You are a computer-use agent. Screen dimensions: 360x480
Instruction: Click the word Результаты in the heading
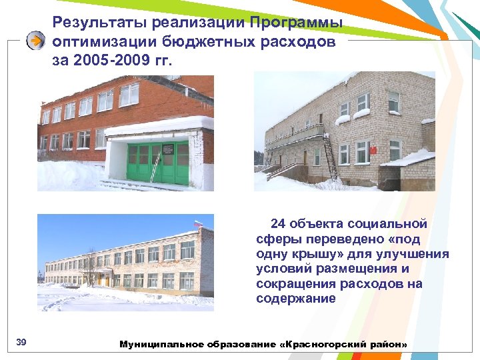(x=99, y=23)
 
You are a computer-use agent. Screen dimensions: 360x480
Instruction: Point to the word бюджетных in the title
(x=199, y=42)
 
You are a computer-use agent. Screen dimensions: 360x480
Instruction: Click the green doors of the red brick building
(x=159, y=163)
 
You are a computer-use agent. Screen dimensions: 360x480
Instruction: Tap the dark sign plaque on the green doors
(x=169, y=150)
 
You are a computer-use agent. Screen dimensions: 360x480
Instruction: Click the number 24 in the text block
(x=278, y=224)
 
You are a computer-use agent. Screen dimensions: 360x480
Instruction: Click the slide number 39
(x=21, y=343)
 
